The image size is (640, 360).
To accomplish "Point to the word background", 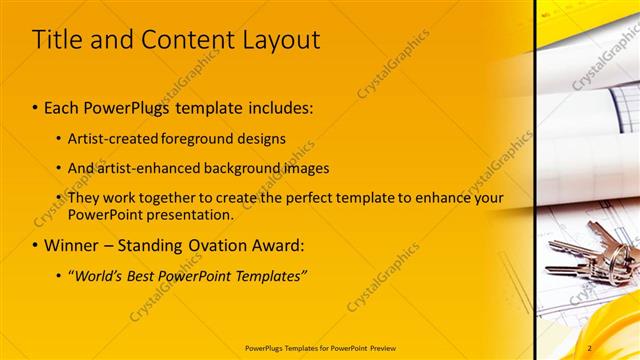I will pos(243,168).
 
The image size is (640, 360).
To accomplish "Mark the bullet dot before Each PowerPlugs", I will pos(36,106).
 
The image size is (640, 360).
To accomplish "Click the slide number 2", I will pos(590,347).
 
